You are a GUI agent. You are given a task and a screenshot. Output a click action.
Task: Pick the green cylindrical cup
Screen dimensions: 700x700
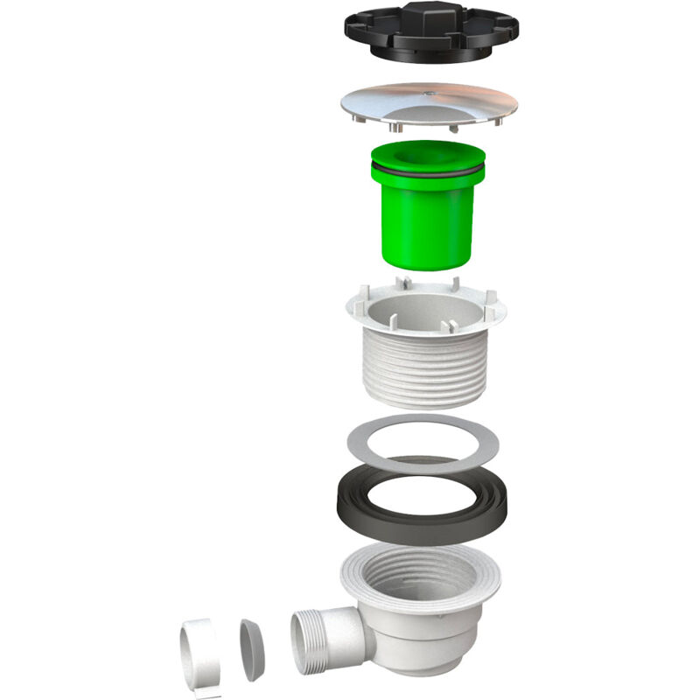click(x=428, y=219)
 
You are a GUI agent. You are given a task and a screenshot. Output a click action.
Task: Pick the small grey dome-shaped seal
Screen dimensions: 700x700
click(x=251, y=649)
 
